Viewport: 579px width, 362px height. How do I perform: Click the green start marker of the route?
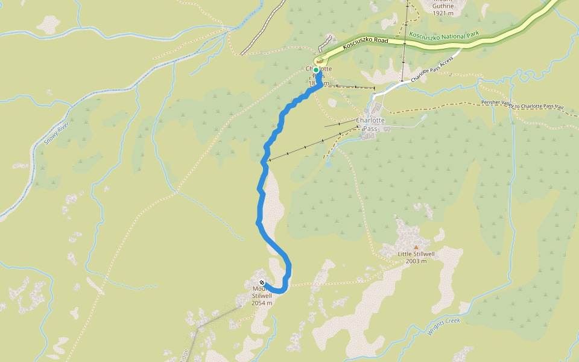point(316,70)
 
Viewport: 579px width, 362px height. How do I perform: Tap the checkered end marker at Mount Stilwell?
point(262,282)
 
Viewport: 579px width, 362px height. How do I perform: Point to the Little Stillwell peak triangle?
point(416,247)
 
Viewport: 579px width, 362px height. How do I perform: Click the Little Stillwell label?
point(416,254)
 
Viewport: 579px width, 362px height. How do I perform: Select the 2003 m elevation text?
point(416,261)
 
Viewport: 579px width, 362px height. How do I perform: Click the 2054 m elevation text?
point(262,303)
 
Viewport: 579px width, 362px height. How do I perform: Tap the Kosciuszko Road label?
point(365,42)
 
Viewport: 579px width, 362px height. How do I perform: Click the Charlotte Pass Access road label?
point(432,71)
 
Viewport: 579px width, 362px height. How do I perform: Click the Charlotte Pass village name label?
point(370,124)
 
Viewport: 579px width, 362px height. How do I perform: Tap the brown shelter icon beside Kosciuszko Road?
point(318,62)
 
